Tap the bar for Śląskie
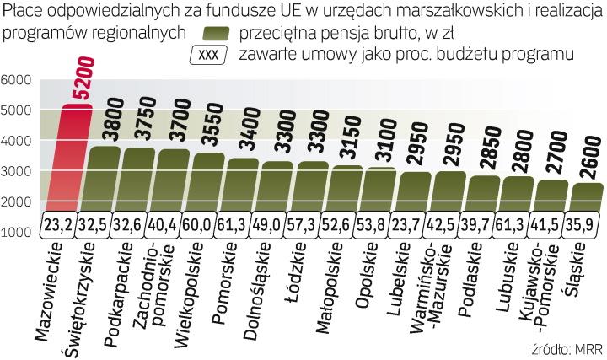(586, 198)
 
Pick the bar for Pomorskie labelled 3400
(244, 185)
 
